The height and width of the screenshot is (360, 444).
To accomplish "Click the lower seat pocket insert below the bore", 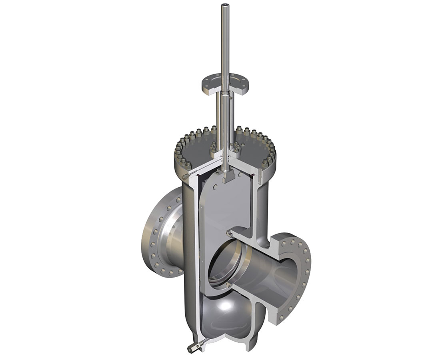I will tap(228, 284).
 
